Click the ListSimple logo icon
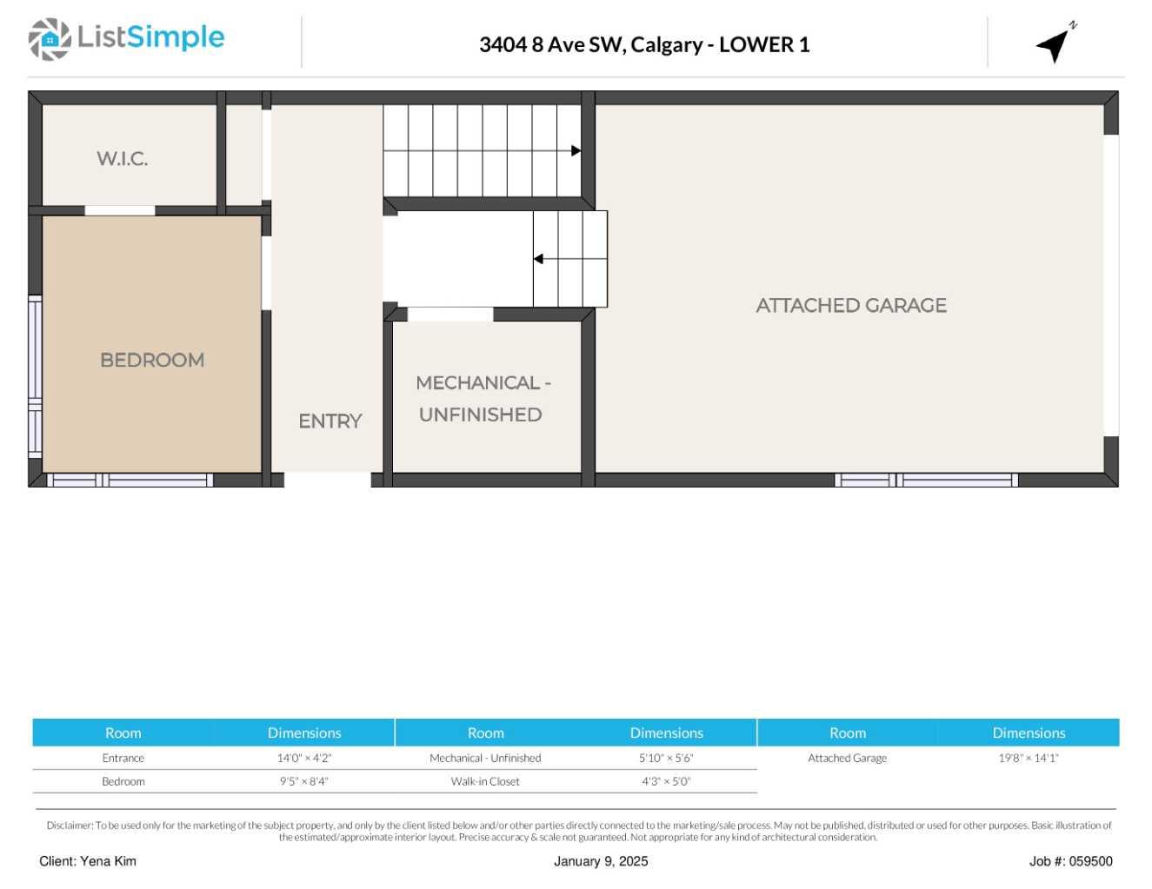point(50,39)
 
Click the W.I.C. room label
point(122,158)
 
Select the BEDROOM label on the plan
point(152,361)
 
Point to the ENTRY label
point(330,421)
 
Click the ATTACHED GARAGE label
point(851,306)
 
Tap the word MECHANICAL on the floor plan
point(477,383)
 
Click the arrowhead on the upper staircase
point(576,151)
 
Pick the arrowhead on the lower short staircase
point(538,259)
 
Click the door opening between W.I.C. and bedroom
point(120,210)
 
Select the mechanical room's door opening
point(450,315)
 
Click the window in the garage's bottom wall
point(927,480)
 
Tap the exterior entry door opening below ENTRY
point(328,480)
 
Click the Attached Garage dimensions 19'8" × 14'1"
point(1029,758)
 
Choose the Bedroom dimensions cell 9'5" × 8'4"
point(303,781)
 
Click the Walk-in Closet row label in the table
point(485,781)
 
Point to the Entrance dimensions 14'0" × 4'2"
point(303,758)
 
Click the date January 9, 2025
point(601,861)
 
